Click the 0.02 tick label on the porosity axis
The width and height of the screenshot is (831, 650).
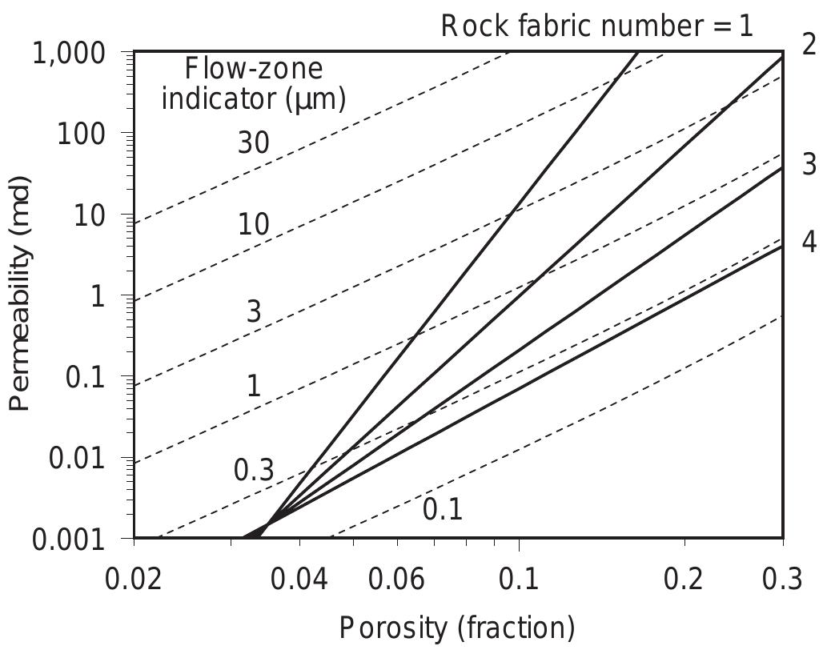(133, 579)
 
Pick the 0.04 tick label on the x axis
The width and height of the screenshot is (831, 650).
(299, 579)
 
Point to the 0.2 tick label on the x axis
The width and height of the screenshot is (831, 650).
(684, 579)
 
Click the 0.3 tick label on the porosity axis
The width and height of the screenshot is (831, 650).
(780, 579)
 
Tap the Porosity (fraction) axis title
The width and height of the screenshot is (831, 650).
(457, 628)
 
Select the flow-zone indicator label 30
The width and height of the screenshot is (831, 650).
(253, 143)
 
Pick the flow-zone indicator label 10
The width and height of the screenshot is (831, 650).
(253, 226)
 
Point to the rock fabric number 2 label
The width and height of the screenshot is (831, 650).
(809, 44)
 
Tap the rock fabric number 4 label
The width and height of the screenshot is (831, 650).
(809, 242)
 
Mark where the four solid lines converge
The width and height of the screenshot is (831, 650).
(267, 524)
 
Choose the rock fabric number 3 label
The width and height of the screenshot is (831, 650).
(809, 164)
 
